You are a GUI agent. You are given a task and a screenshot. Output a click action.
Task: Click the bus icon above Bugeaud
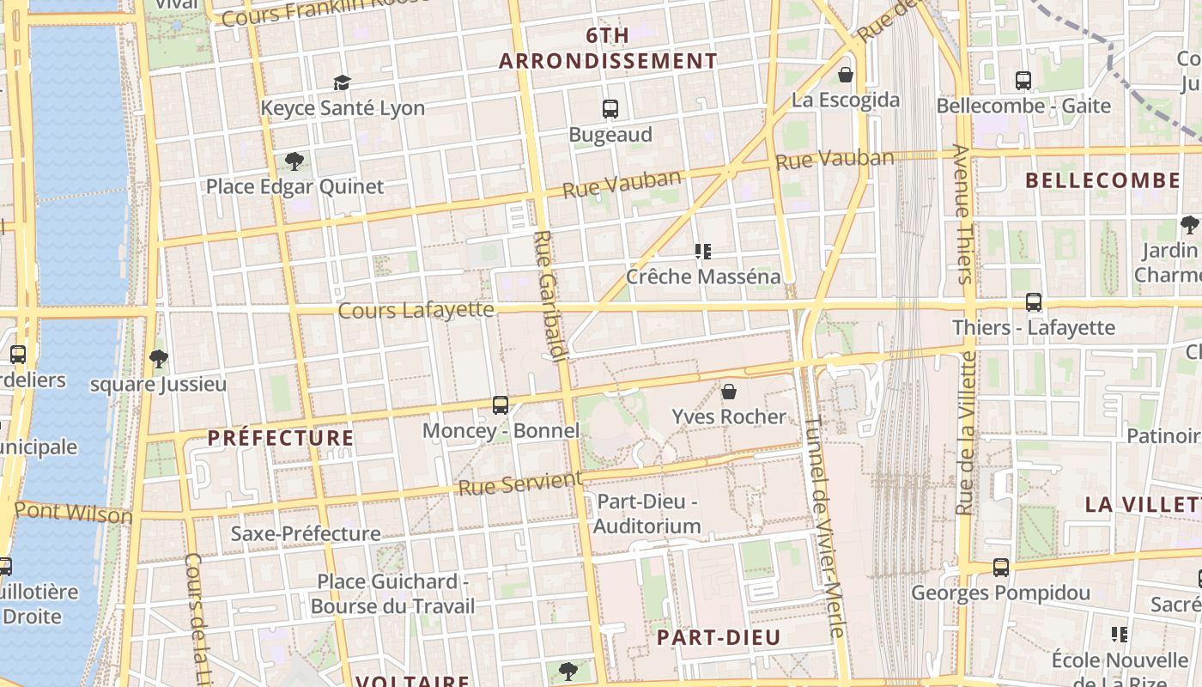point(610,109)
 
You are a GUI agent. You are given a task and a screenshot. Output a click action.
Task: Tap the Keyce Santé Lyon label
point(343,108)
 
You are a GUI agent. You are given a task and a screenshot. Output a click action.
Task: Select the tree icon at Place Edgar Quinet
point(294,161)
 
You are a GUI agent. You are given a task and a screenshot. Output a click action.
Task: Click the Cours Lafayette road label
point(416,310)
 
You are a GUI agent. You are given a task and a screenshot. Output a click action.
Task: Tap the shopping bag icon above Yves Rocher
point(729,392)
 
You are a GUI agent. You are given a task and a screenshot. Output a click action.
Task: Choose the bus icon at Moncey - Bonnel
point(501,404)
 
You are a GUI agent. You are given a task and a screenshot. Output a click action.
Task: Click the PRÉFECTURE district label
point(281,438)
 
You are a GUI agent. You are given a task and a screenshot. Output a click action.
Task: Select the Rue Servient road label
point(519,483)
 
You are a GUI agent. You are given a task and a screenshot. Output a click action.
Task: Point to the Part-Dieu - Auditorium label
point(647,514)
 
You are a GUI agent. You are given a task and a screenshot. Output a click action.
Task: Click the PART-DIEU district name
point(719,637)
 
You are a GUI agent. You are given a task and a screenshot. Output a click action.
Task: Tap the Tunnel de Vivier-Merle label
point(825,526)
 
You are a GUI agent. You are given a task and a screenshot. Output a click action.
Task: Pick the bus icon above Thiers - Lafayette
point(1034,302)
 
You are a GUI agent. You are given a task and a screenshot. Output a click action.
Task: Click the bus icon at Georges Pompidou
point(1001,568)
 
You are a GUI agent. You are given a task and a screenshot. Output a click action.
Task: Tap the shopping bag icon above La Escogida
point(846,75)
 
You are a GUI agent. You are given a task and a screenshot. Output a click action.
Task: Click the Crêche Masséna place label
point(703,277)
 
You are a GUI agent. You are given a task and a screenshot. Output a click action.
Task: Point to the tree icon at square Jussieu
point(158,358)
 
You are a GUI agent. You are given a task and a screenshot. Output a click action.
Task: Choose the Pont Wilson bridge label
point(73,513)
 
